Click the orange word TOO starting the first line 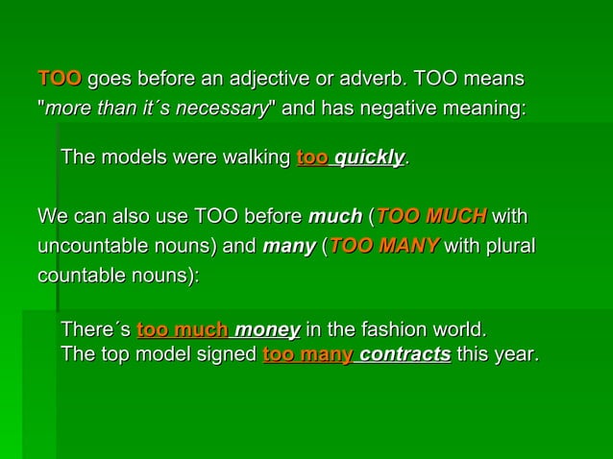click(60, 78)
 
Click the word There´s click(95, 331)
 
